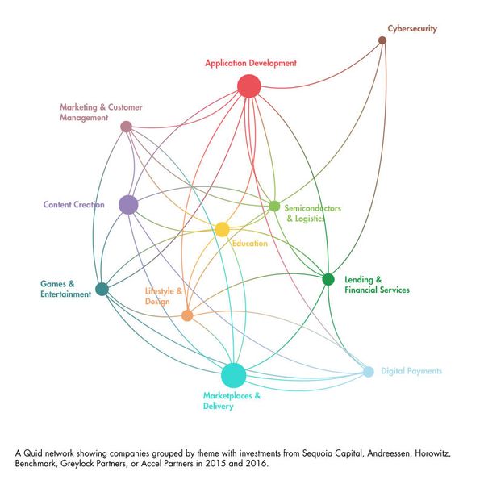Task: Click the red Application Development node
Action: [249, 86]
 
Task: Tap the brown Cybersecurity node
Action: [382, 40]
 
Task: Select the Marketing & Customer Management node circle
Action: [126, 127]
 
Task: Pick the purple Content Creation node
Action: [128, 205]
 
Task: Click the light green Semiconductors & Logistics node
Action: [274, 206]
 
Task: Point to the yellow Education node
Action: [222, 229]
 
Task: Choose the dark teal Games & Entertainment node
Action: [102, 289]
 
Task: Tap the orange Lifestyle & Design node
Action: [187, 315]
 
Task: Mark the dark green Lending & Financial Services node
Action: [328, 279]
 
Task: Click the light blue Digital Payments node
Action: [368, 371]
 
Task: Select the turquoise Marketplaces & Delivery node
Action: [233, 375]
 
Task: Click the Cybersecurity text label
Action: [412, 29]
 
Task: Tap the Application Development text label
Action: [251, 63]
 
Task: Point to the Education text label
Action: [250, 244]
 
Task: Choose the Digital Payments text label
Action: [411, 371]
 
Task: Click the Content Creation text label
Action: [74, 205]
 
